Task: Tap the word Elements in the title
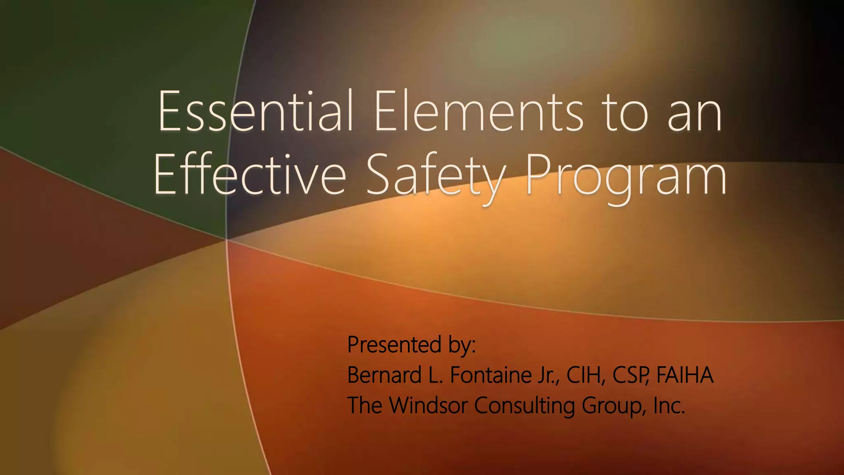tap(478, 111)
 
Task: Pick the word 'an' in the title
tap(695, 113)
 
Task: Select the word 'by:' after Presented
tap(462, 345)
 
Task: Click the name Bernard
tap(384, 375)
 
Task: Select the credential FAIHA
tap(685, 375)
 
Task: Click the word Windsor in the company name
tap(428, 405)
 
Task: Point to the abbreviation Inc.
tap(669, 405)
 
